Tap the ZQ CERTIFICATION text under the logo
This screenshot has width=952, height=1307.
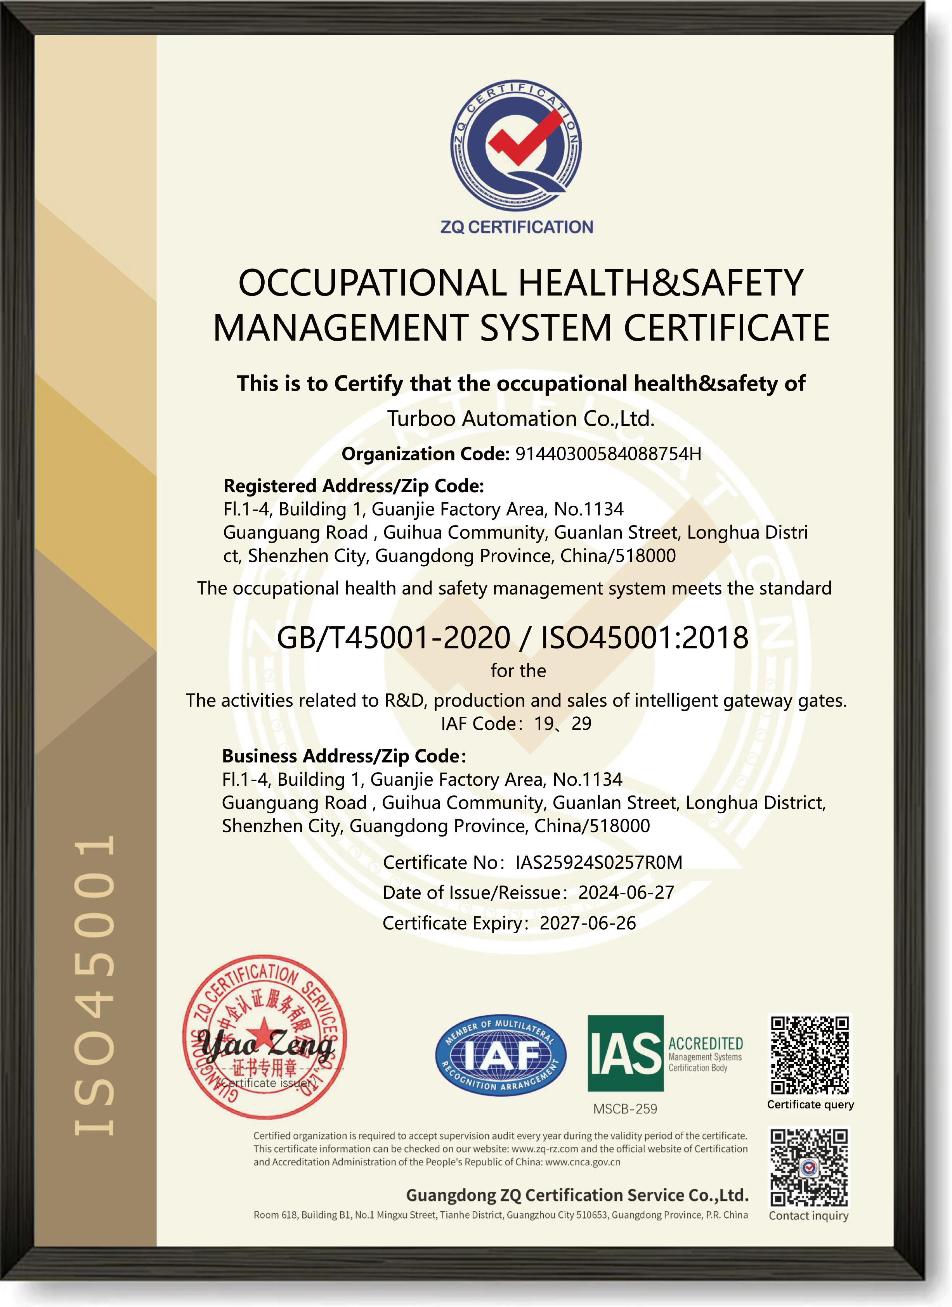[x=517, y=227]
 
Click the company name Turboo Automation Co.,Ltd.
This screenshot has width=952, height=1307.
[x=521, y=419]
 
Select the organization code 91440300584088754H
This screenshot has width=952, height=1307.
[x=608, y=454]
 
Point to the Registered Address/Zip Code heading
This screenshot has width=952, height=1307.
[x=354, y=486]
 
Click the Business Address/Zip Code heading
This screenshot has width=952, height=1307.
[x=344, y=756]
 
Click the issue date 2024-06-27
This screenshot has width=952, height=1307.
[x=626, y=893]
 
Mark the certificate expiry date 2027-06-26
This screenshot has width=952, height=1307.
[x=588, y=923]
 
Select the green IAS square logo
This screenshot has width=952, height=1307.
[x=626, y=1053]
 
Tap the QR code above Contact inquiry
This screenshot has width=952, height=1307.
[x=810, y=1167]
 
